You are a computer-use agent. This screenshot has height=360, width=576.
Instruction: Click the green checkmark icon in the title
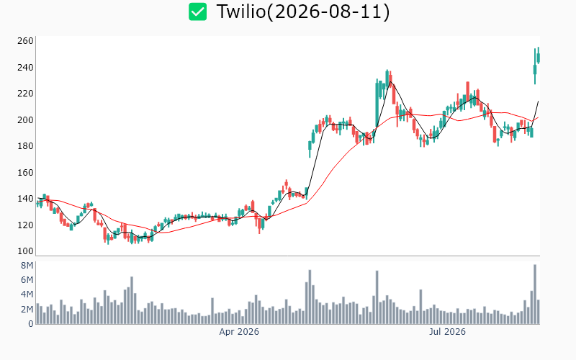(197, 12)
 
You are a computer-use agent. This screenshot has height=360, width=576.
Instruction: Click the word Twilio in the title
(241, 12)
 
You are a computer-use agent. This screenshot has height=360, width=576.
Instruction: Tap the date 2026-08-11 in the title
(328, 12)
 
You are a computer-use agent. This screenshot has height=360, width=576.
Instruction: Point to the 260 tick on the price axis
(25, 41)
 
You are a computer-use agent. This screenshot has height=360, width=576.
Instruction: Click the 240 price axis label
(25, 67)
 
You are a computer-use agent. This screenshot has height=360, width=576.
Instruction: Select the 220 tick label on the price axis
(25, 94)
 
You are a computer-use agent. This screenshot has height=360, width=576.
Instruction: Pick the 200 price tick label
(25, 120)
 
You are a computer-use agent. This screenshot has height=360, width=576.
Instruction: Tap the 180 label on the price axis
(25, 146)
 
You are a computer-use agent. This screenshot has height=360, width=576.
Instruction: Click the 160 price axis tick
(25, 172)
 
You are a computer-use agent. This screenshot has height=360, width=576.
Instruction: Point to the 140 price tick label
(25, 199)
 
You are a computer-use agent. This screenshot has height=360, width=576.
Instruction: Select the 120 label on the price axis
(25, 225)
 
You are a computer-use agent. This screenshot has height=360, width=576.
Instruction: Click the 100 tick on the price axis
(25, 251)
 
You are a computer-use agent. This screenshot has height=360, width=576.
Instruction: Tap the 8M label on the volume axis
(27, 265)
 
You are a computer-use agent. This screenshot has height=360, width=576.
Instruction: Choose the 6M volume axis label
(27, 280)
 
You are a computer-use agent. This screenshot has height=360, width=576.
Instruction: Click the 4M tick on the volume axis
(27, 294)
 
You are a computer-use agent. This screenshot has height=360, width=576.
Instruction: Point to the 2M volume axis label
(27, 310)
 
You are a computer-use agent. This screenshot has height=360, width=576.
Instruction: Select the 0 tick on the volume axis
(31, 323)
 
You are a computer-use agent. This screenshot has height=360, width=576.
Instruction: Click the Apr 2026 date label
(239, 332)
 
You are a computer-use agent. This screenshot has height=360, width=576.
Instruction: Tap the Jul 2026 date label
(447, 332)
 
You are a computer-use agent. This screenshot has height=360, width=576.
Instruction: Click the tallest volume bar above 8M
(535, 294)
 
